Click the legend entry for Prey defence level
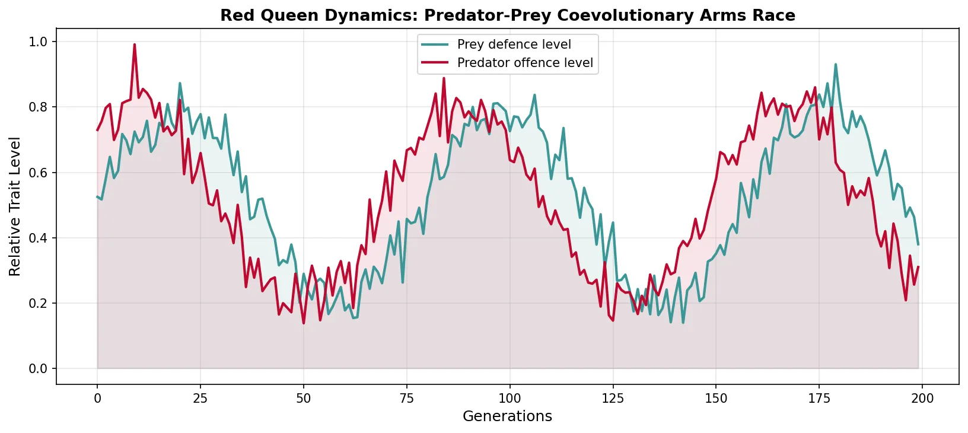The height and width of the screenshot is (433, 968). point(514,44)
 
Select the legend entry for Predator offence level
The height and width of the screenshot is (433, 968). point(525,63)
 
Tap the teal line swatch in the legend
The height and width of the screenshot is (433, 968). point(435,44)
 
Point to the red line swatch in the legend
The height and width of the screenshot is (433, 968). point(435,63)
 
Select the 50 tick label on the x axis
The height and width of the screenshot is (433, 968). point(303,399)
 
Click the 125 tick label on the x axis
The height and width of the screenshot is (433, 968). point(613,399)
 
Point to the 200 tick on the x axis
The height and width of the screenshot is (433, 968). point(922,399)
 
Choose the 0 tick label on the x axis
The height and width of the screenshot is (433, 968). point(97,399)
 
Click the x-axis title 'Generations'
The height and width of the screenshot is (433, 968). point(507,416)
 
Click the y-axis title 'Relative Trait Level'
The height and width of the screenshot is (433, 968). point(15,206)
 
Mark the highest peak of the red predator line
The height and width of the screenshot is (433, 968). point(135,44)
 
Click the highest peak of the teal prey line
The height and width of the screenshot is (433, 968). point(836,65)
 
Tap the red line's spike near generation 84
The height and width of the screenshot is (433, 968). point(444,78)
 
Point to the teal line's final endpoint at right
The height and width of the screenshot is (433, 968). point(918,244)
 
